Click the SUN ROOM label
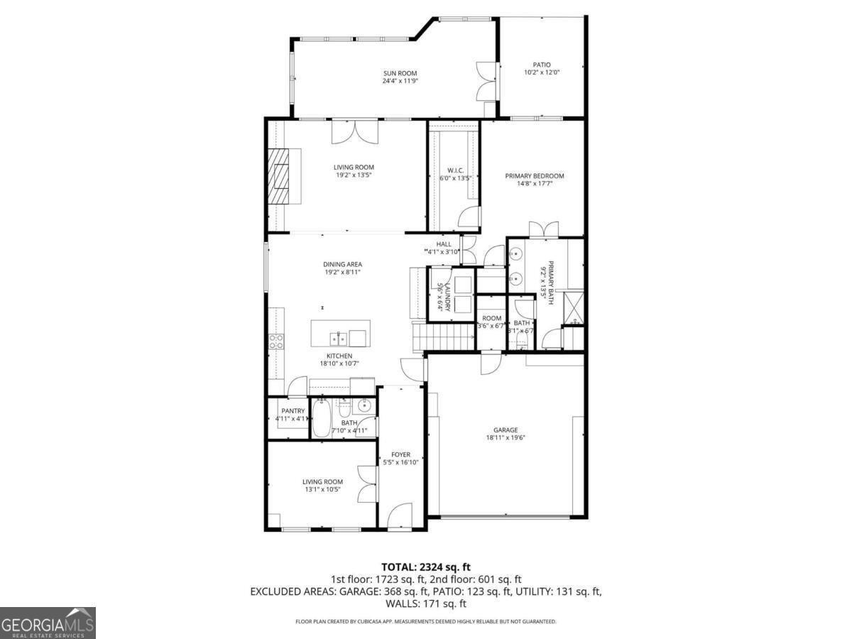pyautogui.click(x=400, y=73)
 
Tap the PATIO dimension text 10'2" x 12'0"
pyautogui.click(x=542, y=72)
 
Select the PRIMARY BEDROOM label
pyautogui.click(x=534, y=176)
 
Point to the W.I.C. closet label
pyautogui.click(x=455, y=170)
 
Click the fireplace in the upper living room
pyautogui.click(x=283, y=175)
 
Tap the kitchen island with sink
pyautogui.click(x=340, y=332)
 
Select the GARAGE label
pyautogui.click(x=506, y=430)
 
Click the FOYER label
pyautogui.click(x=400, y=454)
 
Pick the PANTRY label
pyautogui.click(x=293, y=410)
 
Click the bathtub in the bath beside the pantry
pyautogui.click(x=322, y=420)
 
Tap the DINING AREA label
pyautogui.click(x=343, y=265)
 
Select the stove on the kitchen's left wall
pyautogui.click(x=275, y=341)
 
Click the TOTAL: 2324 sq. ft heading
pyautogui.click(x=426, y=567)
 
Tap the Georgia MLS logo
pyautogui.click(x=48, y=623)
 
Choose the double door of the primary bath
pyautogui.click(x=543, y=229)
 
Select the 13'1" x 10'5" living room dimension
pyautogui.click(x=323, y=489)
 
